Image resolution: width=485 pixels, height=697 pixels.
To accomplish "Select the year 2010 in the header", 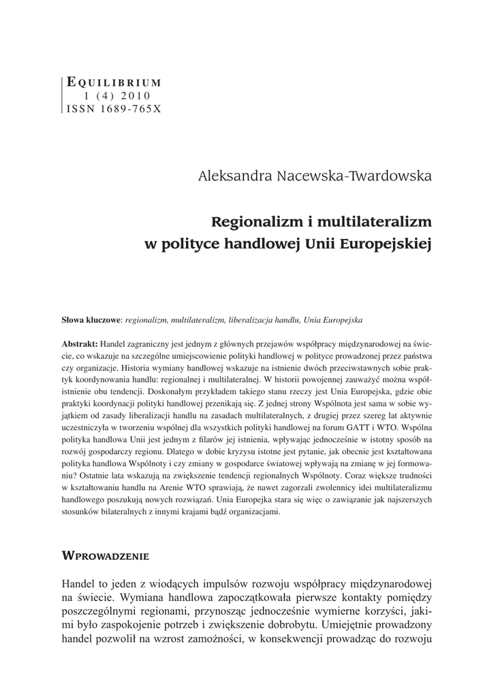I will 139,95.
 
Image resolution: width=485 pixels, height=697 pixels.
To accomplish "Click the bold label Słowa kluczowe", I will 91,319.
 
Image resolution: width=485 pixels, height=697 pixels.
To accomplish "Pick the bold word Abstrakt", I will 80,344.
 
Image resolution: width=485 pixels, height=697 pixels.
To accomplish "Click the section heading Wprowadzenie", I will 106,555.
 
